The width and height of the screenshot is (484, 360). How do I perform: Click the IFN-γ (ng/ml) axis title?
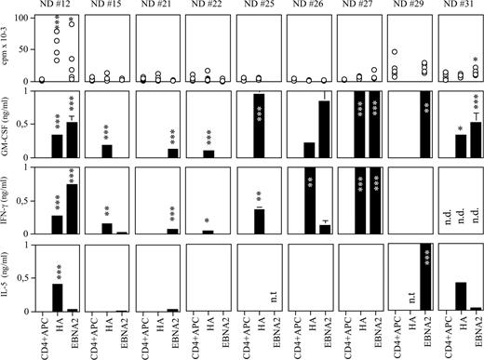[x=9, y=199]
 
